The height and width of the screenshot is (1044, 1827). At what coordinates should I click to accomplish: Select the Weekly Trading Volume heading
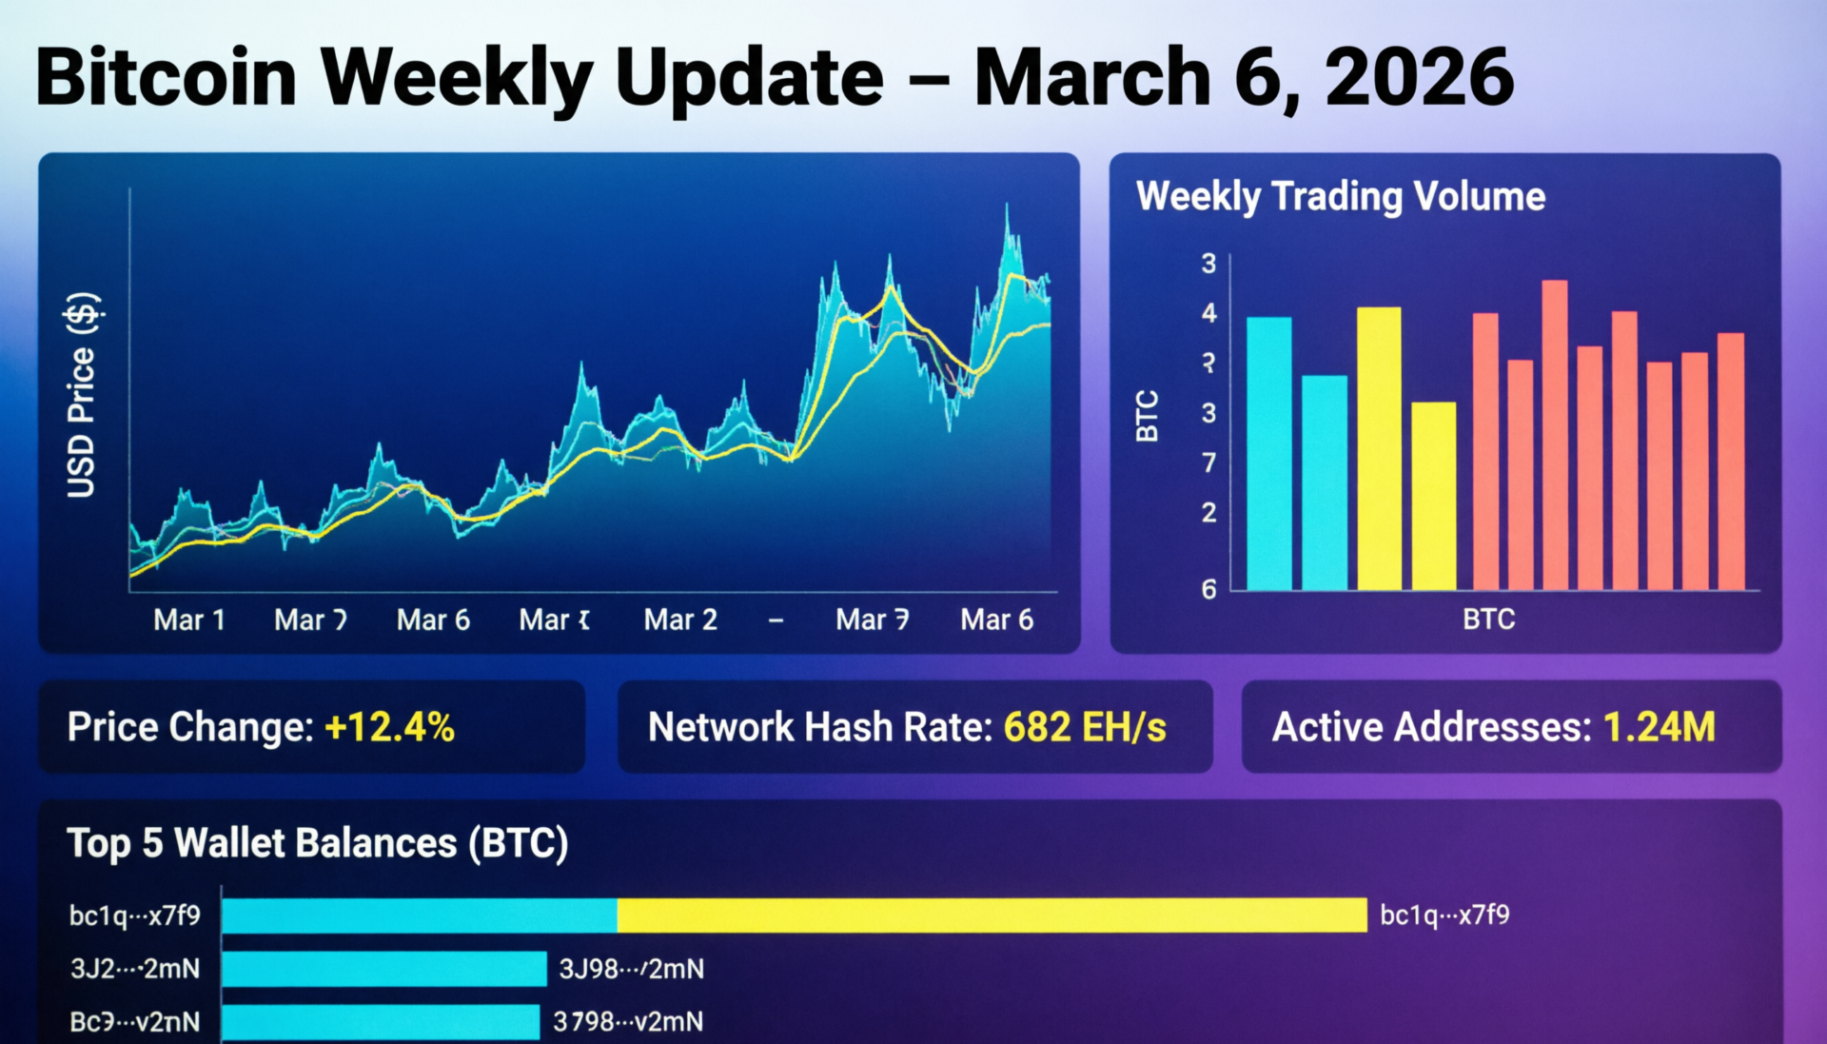coord(1340,196)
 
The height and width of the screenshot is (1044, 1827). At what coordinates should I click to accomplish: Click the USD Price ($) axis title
coord(82,395)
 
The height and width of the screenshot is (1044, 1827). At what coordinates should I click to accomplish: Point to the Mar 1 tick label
coord(188,620)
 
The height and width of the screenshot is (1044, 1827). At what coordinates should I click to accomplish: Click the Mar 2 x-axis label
coord(679,620)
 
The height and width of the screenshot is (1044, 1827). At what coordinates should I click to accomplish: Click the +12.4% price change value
coord(389,727)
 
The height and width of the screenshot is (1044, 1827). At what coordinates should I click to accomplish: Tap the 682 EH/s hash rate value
coord(1085,727)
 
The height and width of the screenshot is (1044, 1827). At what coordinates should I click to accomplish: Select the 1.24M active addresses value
coord(1659,727)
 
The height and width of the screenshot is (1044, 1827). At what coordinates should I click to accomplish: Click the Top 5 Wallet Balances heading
coord(317,843)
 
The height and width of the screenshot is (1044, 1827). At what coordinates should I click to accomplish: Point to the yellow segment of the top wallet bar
coord(992,916)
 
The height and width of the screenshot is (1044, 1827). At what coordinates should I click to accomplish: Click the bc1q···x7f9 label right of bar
coord(1444,916)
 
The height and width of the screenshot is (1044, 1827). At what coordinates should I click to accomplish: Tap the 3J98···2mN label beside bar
coord(631,969)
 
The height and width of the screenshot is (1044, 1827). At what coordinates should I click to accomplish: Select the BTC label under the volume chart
coord(1488,620)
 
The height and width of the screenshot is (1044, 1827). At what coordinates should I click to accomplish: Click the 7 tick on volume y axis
coord(1208,463)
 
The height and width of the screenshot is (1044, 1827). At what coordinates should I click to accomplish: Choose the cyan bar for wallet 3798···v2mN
coord(381,1022)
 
